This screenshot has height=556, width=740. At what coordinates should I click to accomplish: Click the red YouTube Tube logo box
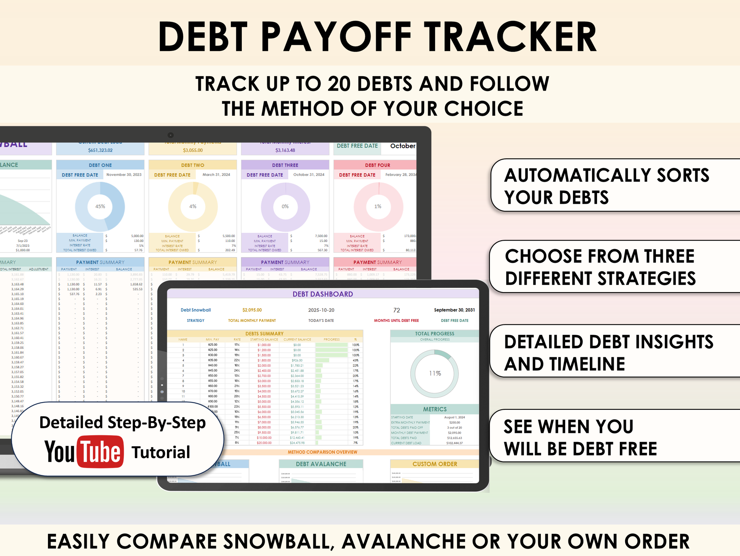tap(100, 452)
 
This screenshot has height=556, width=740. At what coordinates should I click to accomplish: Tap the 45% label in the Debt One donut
tap(100, 206)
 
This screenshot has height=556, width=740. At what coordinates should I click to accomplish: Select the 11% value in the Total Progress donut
tap(435, 373)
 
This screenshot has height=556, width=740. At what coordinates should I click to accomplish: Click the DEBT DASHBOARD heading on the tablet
tap(322, 294)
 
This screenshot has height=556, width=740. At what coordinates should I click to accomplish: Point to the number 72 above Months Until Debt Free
tap(397, 310)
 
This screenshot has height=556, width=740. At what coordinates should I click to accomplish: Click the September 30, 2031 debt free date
tap(454, 310)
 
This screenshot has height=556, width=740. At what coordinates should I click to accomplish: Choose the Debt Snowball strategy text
tap(195, 310)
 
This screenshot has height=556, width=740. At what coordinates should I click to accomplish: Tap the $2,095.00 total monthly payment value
tap(252, 310)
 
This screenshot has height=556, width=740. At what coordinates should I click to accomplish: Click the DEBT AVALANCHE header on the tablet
tap(321, 464)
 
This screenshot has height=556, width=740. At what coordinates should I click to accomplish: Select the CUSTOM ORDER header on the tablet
tap(435, 464)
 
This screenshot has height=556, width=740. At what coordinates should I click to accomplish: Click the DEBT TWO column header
tap(192, 165)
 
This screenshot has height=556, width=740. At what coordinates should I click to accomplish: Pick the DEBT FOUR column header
tap(377, 165)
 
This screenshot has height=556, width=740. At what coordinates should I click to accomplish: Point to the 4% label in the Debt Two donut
tap(193, 206)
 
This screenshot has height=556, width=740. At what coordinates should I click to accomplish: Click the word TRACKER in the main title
tap(510, 37)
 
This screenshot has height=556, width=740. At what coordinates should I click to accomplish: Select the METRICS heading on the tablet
tap(435, 409)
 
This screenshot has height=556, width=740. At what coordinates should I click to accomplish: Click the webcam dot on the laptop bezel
tap(171, 135)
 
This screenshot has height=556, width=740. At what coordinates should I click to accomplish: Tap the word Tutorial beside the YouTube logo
tap(160, 452)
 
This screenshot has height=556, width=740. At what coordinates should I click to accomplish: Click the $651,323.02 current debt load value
tap(100, 150)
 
